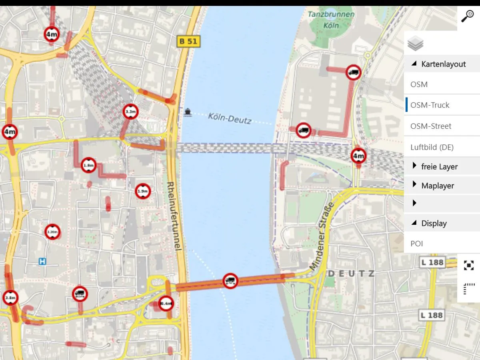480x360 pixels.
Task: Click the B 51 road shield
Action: tap(188, 41)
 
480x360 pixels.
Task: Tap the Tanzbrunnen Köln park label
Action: tap(331, 20)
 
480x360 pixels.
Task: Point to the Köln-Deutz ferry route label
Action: tap(229, 118)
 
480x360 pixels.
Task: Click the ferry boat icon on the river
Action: tap(188, 112)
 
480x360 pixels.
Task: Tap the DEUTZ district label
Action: tap(351, 274)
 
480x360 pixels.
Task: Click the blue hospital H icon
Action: tap(42, 261)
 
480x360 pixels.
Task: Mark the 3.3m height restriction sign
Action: tap(131, 112)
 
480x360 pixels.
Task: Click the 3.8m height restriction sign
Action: tap(10, 298)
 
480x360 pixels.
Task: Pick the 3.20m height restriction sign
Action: tap(52, 232)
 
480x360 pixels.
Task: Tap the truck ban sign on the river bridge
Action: tap(230, 280)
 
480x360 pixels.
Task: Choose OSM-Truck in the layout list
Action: tap(430, 105)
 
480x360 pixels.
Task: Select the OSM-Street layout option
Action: tap(430, 126)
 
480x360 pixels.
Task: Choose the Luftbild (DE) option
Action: tap(432, 147)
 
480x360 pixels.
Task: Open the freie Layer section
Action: tap(439, 166)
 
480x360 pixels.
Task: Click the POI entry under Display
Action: tap(416, 244)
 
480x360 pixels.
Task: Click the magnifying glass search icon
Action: tap(468, 16)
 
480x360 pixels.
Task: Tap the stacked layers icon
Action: tap(416, 43)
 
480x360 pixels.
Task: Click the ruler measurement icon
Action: tap(468, 288)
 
